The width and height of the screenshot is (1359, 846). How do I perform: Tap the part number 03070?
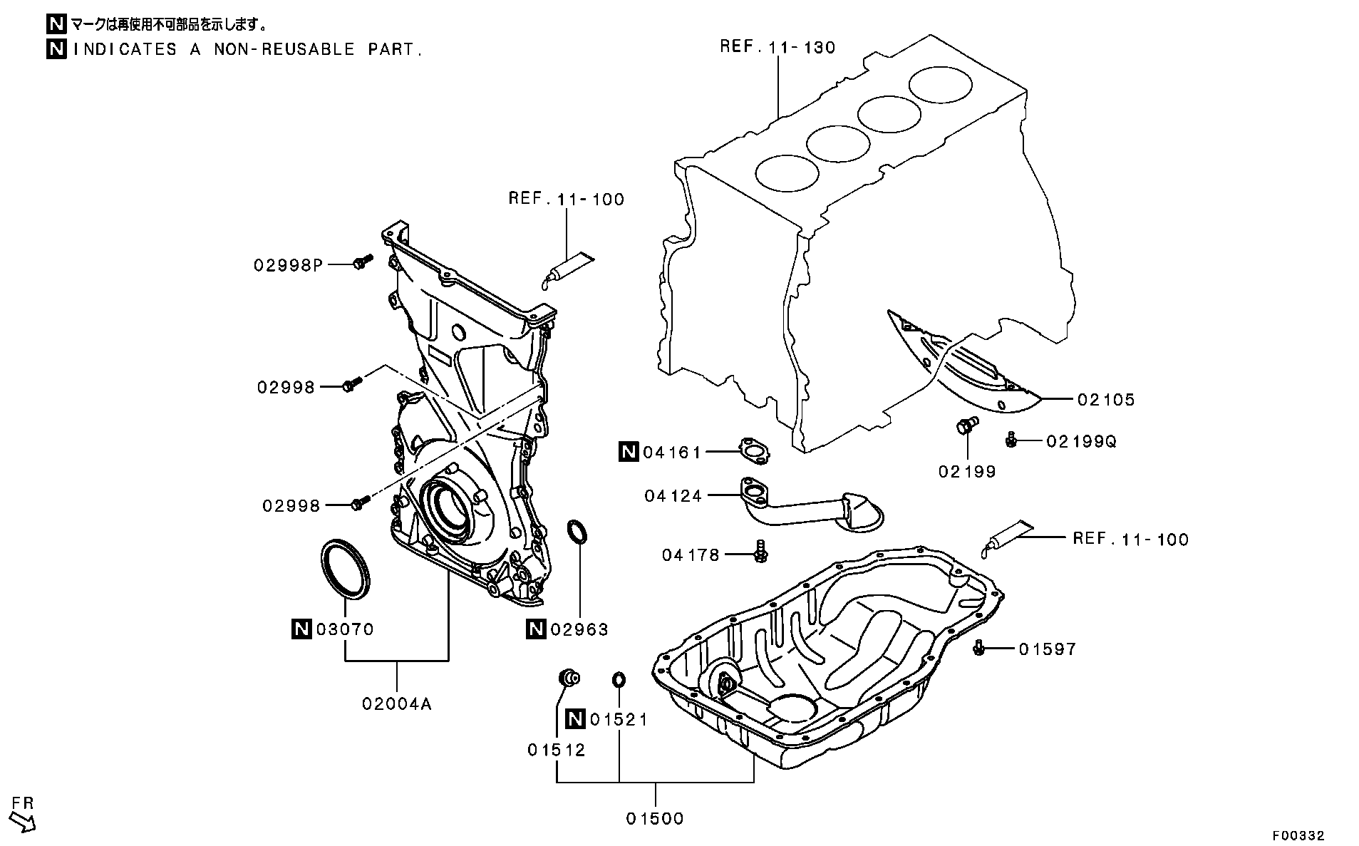click(x=345, y=629)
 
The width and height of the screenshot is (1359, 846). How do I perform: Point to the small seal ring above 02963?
click(x=578, y=532)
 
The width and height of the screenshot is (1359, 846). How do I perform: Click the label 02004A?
click(x=397, y=704)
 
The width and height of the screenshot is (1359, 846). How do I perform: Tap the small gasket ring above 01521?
click(x=619, y=679)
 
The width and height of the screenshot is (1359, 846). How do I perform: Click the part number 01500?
click(x=655, y=819)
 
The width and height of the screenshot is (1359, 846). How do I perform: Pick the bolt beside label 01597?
click(x=978, y=648)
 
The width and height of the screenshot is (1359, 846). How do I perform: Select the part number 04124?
click(x=673, y=495)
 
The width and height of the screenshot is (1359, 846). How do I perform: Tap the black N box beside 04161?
click(x=629, y=451)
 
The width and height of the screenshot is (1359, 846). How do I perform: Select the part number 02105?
click(x=1105, y=400)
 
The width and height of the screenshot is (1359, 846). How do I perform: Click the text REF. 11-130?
click(x=777, y=48)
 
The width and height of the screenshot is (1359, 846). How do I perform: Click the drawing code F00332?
click(x=1299, y=835)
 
